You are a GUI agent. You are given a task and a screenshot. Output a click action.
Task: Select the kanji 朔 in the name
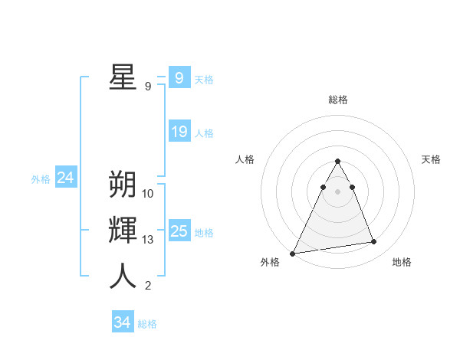(x=123, y=185)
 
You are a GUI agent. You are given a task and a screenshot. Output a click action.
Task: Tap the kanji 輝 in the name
(x=123, y=231)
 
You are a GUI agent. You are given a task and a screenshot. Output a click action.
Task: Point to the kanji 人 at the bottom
(x=123, y=277)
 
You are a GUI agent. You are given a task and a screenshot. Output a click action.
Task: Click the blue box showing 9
(x=179, y=77)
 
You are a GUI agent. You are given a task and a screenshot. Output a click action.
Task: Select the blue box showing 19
(x=179, y=132)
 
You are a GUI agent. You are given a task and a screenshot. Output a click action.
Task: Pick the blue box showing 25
(x=179, y=231)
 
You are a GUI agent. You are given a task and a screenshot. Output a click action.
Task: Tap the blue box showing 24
(x=65, y=178)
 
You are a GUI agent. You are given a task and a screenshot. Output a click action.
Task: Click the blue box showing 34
(x=122, y=322)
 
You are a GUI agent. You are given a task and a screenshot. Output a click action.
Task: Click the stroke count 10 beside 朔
(x=148, y=194)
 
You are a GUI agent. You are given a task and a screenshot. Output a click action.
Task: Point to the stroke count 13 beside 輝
(x=148, y=240)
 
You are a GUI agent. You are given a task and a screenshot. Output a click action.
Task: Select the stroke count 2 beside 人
(x=148, y=286)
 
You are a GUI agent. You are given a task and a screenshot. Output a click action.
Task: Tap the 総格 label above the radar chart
(x=338, y=100)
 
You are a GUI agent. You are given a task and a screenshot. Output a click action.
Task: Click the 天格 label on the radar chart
(x=432, y=159)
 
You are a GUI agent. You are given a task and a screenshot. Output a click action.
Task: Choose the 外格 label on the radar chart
(x=270, y=262)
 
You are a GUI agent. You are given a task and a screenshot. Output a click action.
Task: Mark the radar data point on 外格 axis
(x=293, y=253)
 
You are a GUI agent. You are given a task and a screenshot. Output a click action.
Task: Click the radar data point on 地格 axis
(x=374, y=242)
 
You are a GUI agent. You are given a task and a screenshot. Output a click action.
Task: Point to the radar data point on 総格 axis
(x=337, y=162)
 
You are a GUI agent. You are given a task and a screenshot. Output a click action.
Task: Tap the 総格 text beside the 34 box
(x=147, y=324)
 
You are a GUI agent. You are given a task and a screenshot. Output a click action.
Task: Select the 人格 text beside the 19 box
(x=204, y=133)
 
